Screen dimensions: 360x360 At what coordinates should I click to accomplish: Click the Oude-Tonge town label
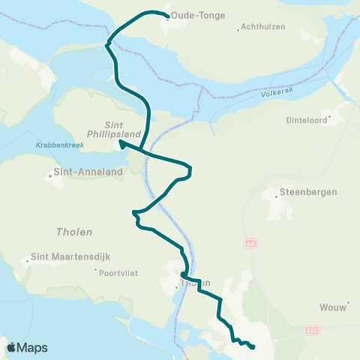pos(198,15)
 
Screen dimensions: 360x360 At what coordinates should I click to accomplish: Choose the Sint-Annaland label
pos(82,172)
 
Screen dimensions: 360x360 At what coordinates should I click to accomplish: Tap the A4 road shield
pos(250,244)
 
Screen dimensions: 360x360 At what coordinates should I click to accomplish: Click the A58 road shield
pos(312,330)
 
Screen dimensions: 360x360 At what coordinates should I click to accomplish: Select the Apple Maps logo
pos(26,347)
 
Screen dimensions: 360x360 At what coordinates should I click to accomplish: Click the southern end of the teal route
pos(253,347)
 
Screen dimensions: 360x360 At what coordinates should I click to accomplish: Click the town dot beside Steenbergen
pos(275,192)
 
